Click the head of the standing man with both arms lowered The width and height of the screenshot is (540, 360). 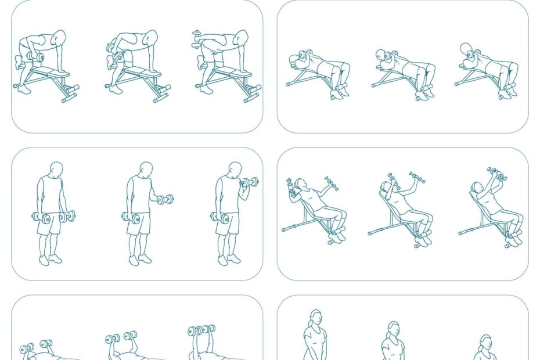[x=56, y=170]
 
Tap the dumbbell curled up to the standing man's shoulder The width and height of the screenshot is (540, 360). [x=250, y=182]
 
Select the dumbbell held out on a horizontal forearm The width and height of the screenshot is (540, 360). [x=165, y=200]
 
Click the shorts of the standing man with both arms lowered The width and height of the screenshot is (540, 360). [x=49, y=223]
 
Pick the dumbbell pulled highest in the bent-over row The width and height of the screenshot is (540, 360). [x=196, y=39]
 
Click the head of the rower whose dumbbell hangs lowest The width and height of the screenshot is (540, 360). [x=59, y=38]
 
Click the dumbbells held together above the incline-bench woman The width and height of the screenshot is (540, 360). [x=497, y=174]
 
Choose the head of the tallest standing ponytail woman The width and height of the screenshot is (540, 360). [x=315, y=318]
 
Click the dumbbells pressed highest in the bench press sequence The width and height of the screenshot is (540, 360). [x=201, y=330]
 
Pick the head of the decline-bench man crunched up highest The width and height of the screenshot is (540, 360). [x=467, y=51]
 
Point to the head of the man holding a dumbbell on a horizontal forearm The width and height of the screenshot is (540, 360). [x=146, y=170]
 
